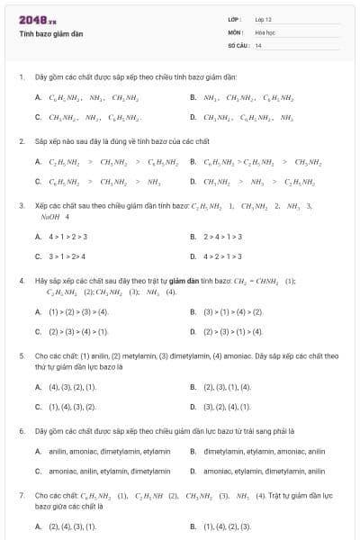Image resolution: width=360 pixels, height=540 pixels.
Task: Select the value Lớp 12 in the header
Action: tap(263, 19)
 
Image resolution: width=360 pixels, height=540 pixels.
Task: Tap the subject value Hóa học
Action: tap(265, 31)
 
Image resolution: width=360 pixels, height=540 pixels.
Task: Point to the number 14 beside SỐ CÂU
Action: tap(258, 45)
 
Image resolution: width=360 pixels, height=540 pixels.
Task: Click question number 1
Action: tap(21, 77)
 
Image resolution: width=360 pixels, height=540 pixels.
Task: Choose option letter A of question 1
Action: tap(38, 97)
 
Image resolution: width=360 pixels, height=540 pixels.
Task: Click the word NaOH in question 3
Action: tap(49, 217)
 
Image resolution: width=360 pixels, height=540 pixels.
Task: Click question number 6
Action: tap(21, 431)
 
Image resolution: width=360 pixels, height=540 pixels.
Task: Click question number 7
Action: tap(21, 495)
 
